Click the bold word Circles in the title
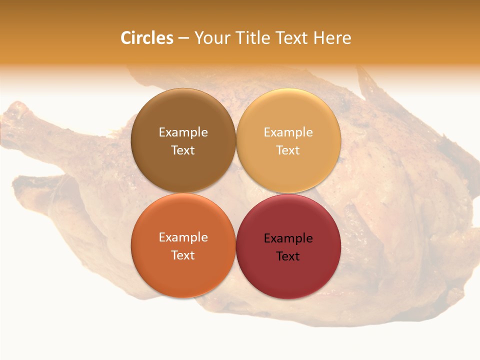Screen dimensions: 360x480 [147, 38]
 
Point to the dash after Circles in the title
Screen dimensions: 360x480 [183, 38]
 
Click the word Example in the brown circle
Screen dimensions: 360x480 [183, 132]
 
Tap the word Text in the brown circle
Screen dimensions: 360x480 [183, 150]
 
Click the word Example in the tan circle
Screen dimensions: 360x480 [288, 132]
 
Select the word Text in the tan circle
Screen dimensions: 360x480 [288, 150]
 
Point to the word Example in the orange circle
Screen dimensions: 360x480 [183, 237]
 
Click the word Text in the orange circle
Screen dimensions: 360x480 [183, 255]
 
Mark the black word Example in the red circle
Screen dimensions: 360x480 [288, 238]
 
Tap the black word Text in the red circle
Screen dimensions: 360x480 [288, 256]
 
